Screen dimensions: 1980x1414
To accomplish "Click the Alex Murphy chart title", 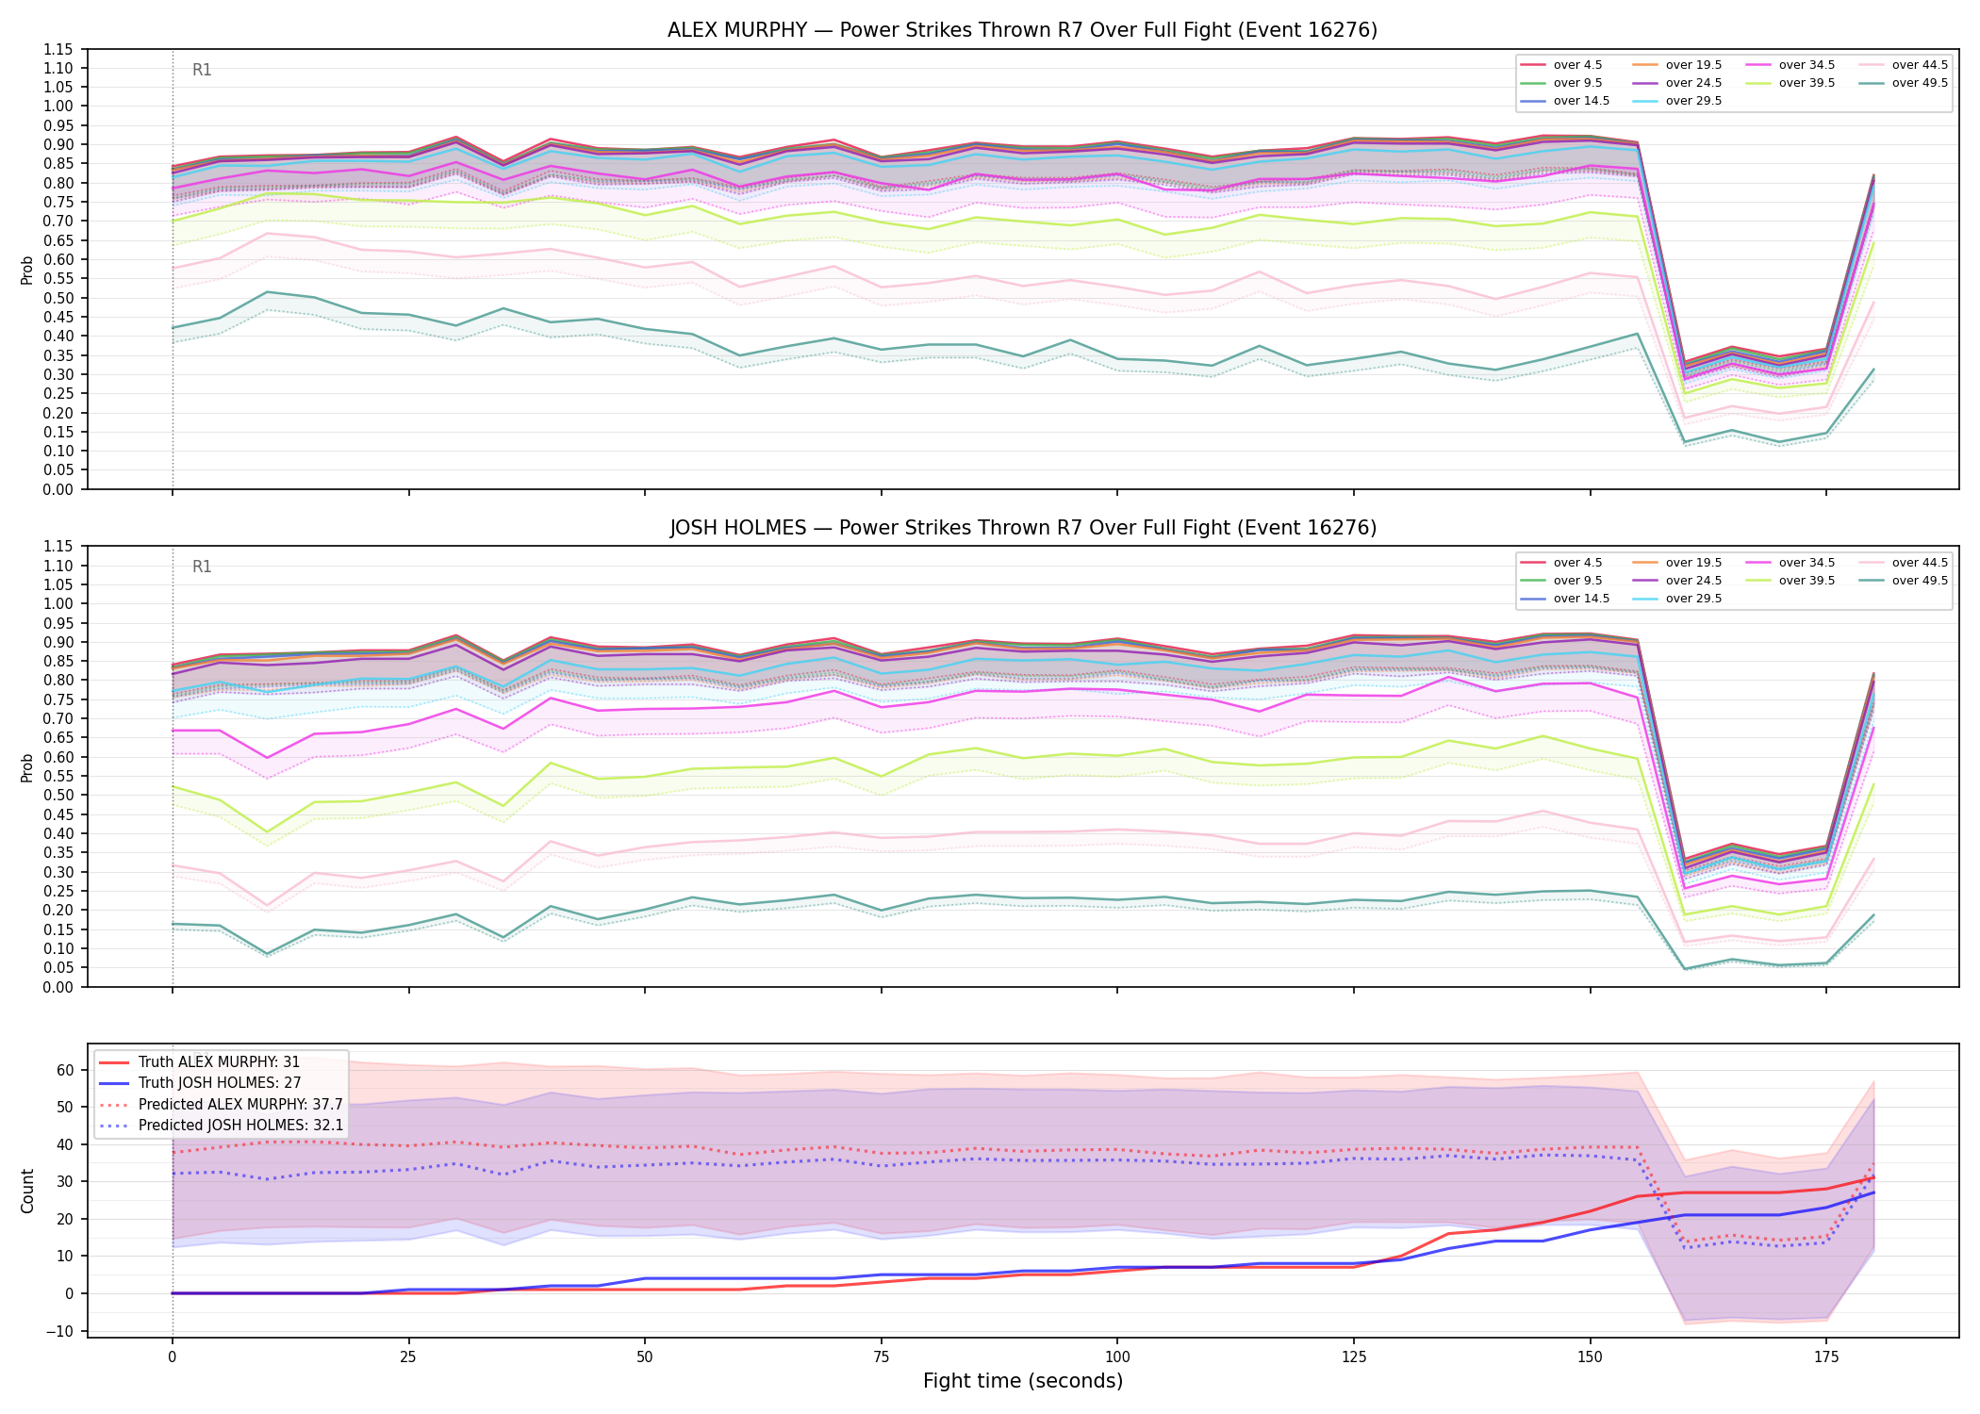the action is coord(1022,30).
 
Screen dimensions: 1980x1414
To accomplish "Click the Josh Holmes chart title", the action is coord(1023,528).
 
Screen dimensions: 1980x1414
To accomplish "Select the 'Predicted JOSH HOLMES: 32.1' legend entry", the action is coord(222,1125).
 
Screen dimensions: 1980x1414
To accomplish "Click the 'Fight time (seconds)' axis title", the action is coord(1023,1381).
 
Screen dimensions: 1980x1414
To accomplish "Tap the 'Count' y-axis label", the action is coord(27,1191).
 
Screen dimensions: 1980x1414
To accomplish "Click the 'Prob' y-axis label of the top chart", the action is coord(27,270).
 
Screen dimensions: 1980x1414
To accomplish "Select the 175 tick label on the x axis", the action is coord(1826,1357).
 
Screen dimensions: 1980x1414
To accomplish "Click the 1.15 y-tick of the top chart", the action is coord(59,49).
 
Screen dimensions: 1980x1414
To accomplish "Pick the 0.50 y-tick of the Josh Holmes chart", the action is coord(59,795).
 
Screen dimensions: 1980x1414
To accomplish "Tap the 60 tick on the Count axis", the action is coord(65,1070).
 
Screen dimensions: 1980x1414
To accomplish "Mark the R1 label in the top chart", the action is coord(202,70).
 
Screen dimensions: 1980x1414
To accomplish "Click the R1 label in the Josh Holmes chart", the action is coord(202,567).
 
